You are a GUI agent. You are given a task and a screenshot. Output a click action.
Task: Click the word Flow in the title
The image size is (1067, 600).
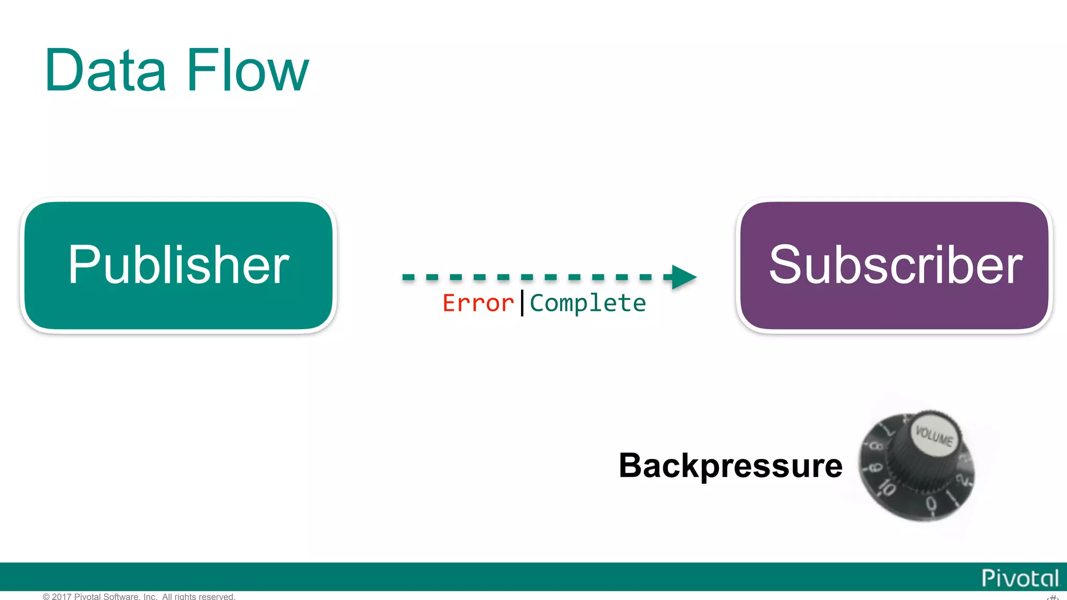[247, 70]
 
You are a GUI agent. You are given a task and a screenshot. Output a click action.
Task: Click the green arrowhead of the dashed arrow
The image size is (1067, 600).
[683, 277]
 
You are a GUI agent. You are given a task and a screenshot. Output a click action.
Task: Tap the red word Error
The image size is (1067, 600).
[478, 303]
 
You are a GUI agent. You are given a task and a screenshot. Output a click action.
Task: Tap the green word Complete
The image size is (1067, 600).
[588, 303]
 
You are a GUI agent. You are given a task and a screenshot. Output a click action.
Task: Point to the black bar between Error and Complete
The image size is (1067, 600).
[522, 303]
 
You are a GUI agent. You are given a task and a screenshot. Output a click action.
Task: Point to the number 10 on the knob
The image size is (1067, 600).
[887, 488]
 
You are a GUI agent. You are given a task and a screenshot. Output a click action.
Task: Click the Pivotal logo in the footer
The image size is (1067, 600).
[1020, 578]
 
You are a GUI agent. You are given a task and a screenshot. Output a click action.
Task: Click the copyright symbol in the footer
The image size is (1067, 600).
[46, 596]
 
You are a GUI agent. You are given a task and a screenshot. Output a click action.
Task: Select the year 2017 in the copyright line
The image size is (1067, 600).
[61, 596]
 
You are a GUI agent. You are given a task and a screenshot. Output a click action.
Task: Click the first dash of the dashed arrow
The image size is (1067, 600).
[408, 277]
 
